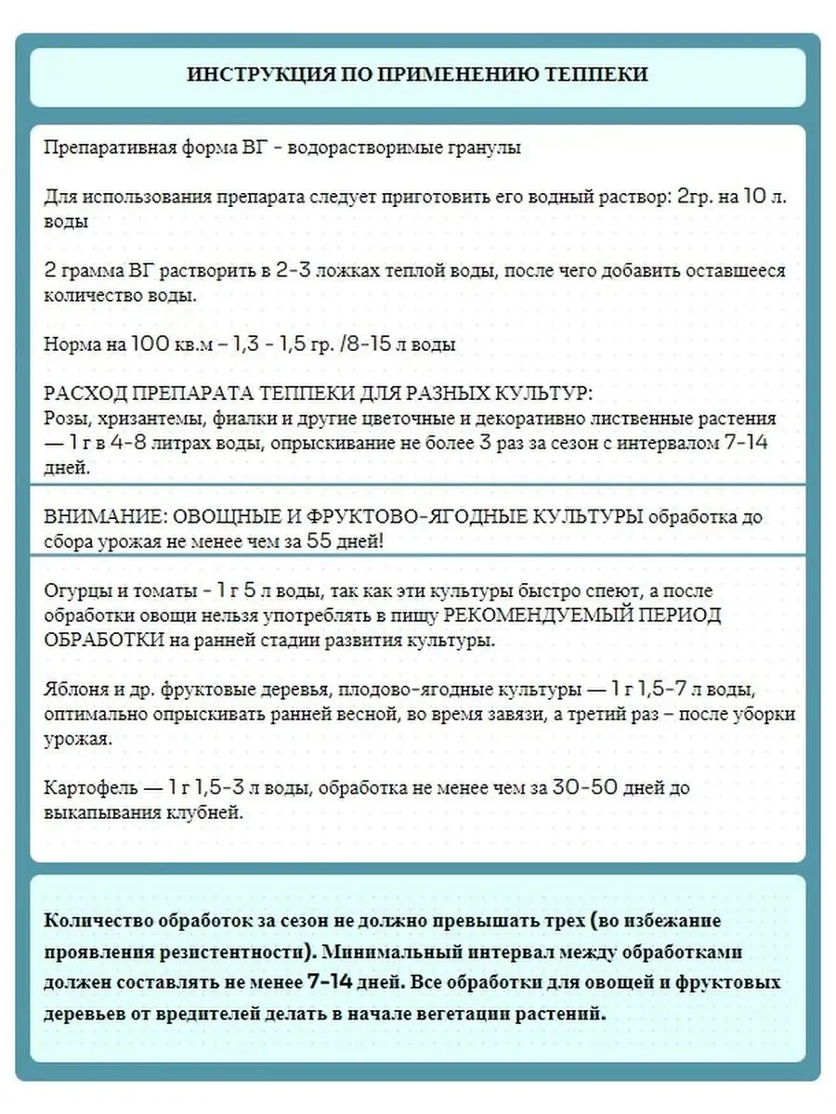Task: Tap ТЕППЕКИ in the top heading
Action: pos(597,75)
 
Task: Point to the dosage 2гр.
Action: pos(690,198)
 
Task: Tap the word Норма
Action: pos(72,344)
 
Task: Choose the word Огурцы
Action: pos(74,591)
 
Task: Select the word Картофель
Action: pos(87,787)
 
